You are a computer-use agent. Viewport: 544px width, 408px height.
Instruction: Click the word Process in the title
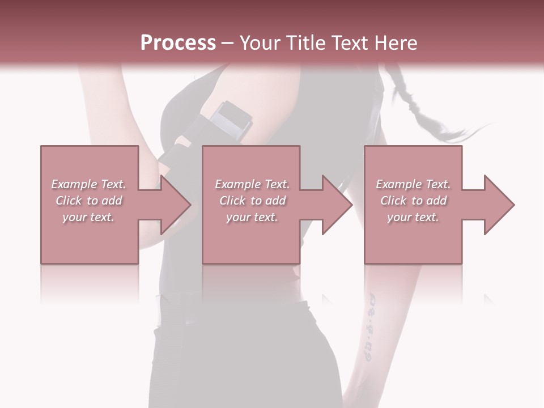(x=178, y=43)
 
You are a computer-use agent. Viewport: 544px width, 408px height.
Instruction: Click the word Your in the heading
(x=261, y=43)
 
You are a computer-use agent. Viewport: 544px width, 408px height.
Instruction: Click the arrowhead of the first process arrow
(x=176, y=205)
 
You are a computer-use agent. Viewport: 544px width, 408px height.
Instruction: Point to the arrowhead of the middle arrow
(x=337, y=205)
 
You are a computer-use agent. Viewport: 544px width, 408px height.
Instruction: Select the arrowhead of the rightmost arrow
(x=499, y=205)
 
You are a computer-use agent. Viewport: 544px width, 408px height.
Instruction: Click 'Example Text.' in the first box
(x=89, y=184)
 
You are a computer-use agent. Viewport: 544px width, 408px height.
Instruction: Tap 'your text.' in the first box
(x=89, y=217)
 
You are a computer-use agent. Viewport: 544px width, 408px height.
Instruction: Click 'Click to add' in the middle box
(x=253, y=201)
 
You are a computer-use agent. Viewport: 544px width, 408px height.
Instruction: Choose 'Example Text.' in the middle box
(x=252, y=184)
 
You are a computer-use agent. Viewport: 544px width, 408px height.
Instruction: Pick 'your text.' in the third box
(x=413, y=217)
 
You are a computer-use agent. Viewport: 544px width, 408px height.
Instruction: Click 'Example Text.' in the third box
(x=413, y=184)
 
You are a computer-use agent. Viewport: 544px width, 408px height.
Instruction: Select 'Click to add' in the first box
(x=89, y=201)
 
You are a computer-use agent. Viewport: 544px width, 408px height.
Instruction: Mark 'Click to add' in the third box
(x=414, y=201)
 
